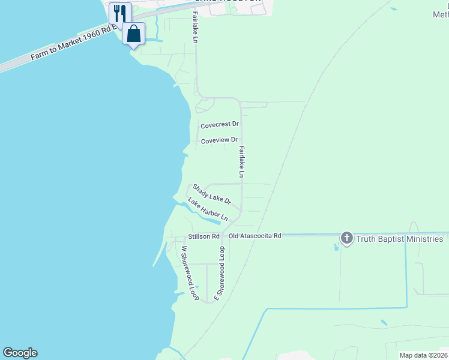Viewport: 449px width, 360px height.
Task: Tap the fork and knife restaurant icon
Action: [x=120, y=13]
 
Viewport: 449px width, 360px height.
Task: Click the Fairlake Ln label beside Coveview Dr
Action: [x=241, y=161]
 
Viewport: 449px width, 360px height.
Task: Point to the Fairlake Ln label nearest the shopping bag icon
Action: [x=195, y=28]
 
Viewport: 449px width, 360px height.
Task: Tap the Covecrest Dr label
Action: [x=220, y=125]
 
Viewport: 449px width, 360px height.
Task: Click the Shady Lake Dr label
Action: [x=211, y=194]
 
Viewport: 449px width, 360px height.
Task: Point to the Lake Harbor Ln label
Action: [x=208, y=209]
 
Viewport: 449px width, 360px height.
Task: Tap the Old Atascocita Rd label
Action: [x=255, y=236]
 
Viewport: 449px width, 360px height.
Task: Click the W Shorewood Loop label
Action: [x=190, y=273]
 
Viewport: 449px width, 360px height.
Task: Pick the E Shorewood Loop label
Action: [x=221, y=273]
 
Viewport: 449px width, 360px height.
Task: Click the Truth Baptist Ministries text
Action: [x=399, y=239]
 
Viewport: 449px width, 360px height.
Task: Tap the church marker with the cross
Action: [x=346, y=238]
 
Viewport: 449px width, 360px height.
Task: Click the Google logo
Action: [x=20, y=353]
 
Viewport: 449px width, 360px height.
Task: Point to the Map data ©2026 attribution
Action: [x=423, y=355]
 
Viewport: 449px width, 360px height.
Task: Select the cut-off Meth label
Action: [x=441, y=13]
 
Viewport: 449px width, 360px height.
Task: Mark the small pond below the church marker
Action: [x=336, y=247]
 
